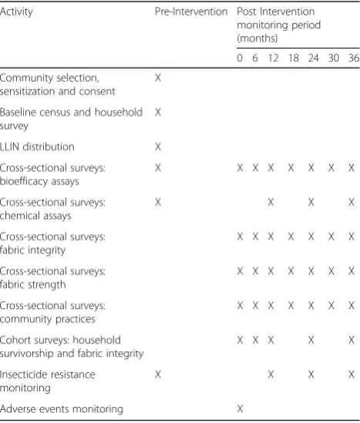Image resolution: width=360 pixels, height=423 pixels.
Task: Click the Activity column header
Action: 16,12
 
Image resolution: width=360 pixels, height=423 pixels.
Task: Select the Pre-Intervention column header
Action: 191,12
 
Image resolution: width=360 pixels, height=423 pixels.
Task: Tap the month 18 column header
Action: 294,58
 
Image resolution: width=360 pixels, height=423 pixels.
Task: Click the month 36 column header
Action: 354,58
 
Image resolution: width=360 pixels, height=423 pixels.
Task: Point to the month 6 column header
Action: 255,58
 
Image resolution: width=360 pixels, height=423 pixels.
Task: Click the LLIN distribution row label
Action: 37,146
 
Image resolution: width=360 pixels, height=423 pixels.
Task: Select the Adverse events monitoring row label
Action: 62,409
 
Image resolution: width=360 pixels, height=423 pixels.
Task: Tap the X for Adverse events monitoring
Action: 240,409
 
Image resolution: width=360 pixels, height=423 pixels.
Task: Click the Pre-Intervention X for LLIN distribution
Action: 158,146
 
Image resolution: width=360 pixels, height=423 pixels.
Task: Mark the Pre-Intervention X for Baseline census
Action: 158,112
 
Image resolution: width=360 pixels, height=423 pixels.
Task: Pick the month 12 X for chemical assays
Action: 271,202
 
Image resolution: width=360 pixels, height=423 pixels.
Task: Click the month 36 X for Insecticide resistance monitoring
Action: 352,374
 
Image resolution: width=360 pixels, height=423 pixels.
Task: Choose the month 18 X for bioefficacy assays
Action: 291,168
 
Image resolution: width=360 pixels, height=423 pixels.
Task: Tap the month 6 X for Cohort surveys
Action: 255,340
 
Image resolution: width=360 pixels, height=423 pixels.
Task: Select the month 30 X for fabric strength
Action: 331,271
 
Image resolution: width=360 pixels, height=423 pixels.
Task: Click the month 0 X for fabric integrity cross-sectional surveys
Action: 240,237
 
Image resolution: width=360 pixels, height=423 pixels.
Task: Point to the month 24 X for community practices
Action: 311,306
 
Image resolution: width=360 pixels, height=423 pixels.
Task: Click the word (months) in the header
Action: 257,39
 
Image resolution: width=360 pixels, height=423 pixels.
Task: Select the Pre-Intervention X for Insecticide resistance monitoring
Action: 158,374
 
